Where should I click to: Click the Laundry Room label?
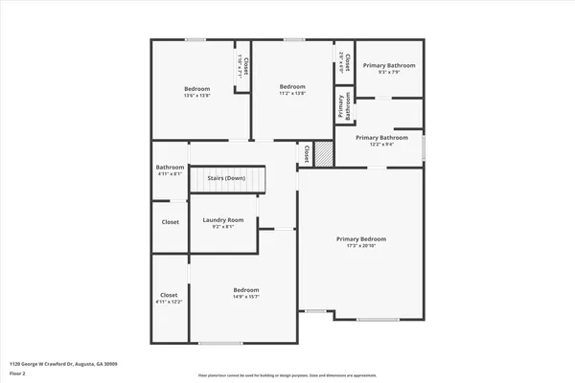click(x=223, y=220)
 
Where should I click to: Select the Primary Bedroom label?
click(x=360, y=238)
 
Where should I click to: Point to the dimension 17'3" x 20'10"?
click(x=360, y=246)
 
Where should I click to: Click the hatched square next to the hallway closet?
click(x=323, y=153)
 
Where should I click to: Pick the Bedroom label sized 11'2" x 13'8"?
click(x=292, y=86)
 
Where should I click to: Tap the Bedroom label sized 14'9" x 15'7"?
click(x=246, y=290)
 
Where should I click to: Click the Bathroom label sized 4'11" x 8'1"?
click(x=170, y=169)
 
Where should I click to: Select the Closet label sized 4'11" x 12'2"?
click(x=169, y=295)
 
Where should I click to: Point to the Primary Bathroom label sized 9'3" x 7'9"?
click(x=389, y=65)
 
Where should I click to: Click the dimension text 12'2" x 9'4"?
click(x=375, y=145)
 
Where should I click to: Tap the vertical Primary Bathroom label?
click(x=341, y=106)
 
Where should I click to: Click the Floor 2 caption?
click(x=18, y=373)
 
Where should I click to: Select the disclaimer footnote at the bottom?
click(x=287, y=375)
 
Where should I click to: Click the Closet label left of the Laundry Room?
click(x=170, y=221)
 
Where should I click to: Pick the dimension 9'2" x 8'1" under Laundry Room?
click(x=223, y=227)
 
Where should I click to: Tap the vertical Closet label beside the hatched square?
click(x=307, y=152)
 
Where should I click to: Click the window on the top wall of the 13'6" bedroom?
click(x=195, y=39)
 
